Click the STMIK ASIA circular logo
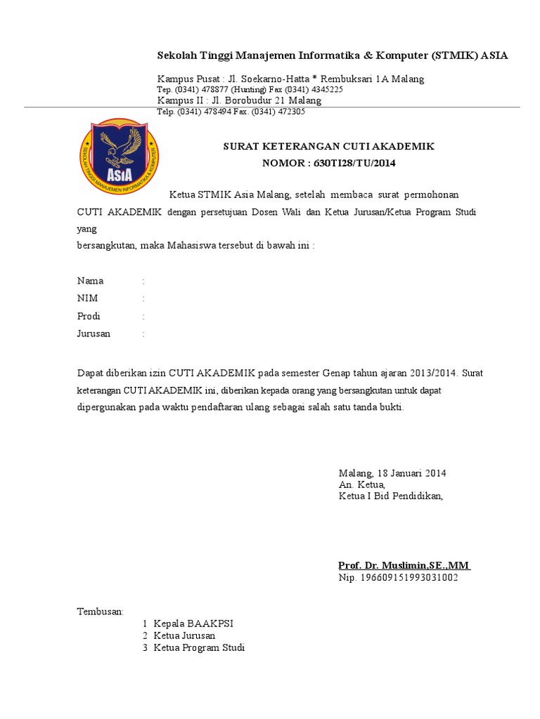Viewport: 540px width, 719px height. point(118,157)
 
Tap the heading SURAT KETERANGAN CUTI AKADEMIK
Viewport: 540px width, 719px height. point(328,147)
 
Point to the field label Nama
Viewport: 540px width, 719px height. point(90,281)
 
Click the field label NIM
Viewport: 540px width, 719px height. point(87,298)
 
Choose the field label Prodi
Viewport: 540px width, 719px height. point(89,316)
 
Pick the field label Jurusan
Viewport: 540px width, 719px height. point(94,334)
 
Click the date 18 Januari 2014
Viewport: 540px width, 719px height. point(411,473)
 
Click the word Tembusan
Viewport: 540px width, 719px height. point(100,612)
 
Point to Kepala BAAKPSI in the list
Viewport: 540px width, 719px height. point(188,624)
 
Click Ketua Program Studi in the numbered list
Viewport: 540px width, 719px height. point(199,647)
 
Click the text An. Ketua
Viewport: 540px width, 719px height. point(361,484)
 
